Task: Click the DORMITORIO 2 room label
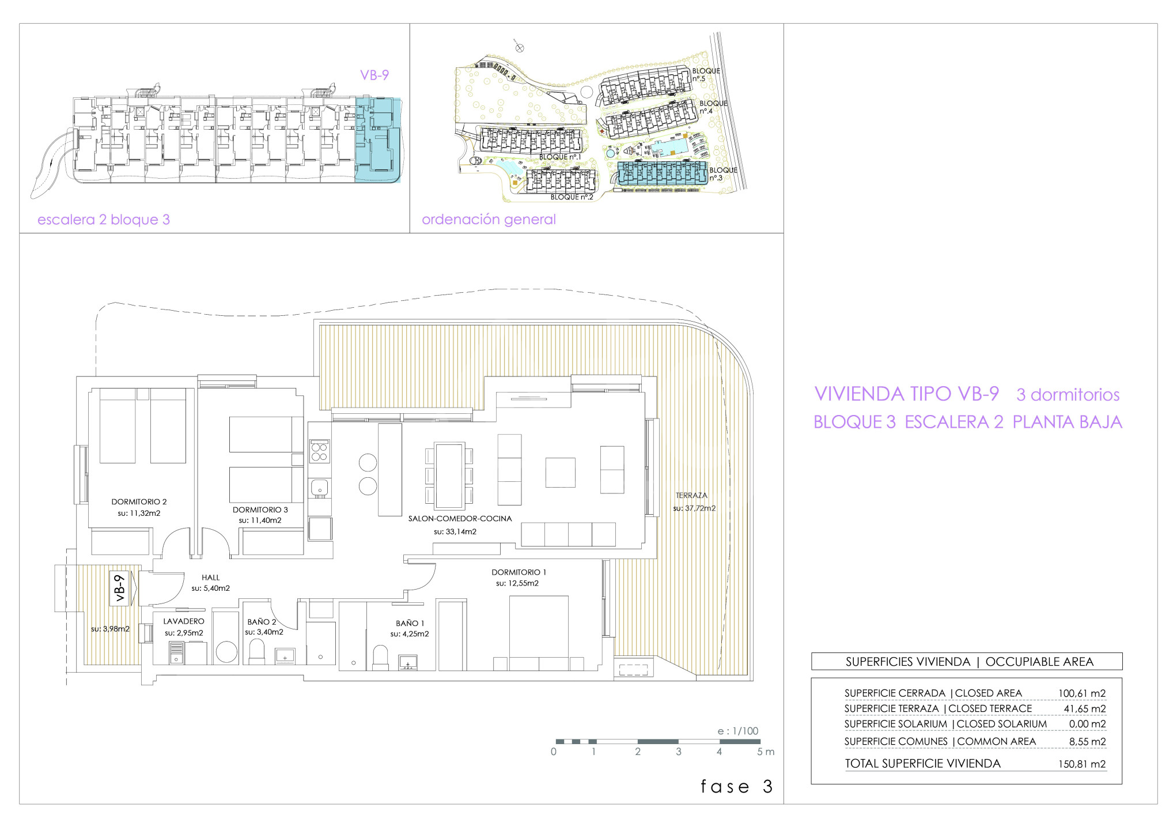click(x=139, y=502)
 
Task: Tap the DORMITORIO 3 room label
click(x=260, y=510)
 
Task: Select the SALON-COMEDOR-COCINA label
click(x=460, y=519)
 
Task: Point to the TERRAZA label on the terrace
click(x=691, y=496)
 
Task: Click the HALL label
click(x=211, y=578)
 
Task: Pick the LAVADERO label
click(x=184, y=621)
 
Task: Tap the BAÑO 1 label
click(x=410, y=624)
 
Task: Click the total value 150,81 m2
click(x=1082, y=764)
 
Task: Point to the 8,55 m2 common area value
click(x=1087, y=742)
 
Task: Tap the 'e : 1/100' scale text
click(x=737, y=731)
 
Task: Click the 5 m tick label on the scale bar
click(x=766, y=752)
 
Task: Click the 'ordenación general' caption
click(x=489, y=220)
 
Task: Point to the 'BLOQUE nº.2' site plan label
click(x=572, y=197)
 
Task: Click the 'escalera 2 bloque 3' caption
click(x=104, y=220)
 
